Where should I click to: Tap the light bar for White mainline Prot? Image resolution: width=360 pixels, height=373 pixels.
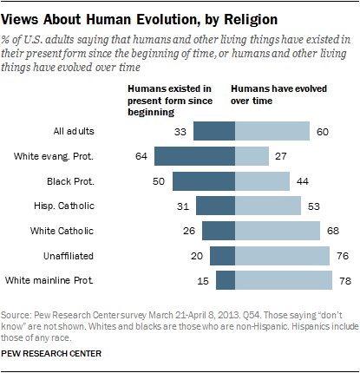pos(284,280)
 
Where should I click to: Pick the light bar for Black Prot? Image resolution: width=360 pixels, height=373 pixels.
pos(263,180)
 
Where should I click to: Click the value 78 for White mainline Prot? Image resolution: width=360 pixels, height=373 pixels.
pos(345,280)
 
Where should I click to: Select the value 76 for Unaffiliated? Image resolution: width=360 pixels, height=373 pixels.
pos(343,256)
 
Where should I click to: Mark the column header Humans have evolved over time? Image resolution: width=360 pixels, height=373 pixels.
pos(277,95)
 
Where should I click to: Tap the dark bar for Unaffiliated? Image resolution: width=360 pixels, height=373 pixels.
pos(223,256)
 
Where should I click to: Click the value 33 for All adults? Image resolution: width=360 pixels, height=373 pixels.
pos(180,131)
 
